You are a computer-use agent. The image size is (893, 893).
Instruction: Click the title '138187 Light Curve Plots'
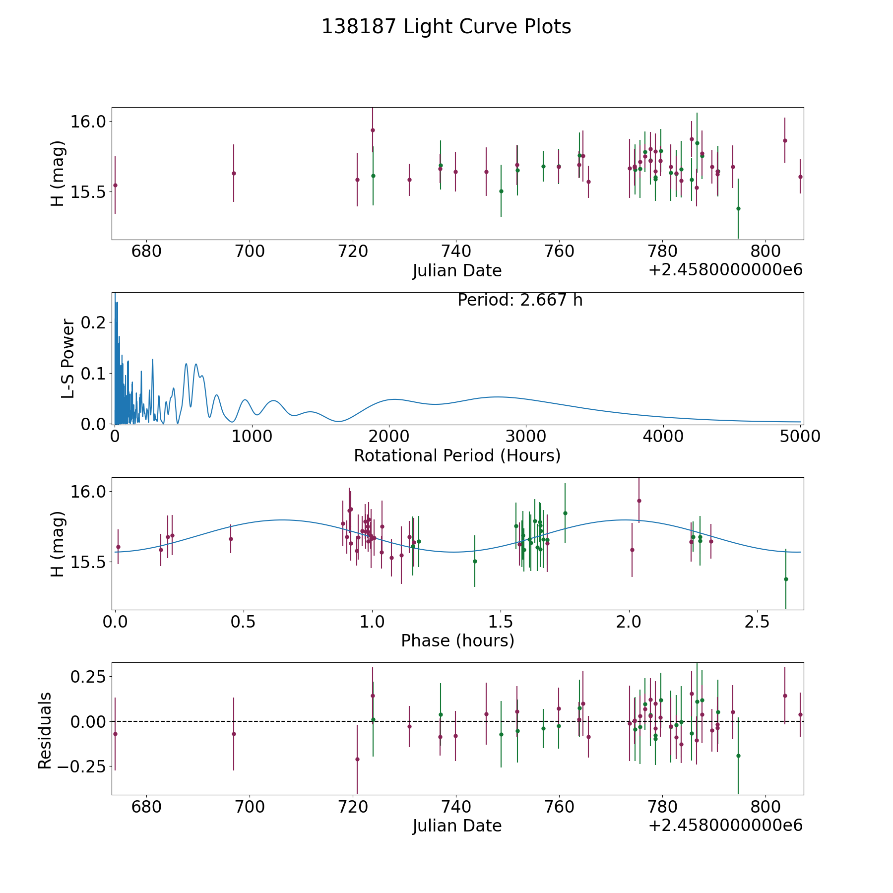[446, 27]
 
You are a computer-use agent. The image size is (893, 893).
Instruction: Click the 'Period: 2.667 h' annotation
[520, 300]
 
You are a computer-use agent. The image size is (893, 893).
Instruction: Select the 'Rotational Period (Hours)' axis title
[457, 455]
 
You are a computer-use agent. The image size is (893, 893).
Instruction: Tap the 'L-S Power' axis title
[68, 359]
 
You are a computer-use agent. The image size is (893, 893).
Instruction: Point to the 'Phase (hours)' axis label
[457, 640]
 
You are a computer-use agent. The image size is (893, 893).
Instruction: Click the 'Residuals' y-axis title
[45, 730]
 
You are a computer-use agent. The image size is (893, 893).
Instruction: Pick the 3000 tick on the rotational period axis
[526, 437]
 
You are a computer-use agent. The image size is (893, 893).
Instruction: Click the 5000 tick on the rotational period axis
[800, 437]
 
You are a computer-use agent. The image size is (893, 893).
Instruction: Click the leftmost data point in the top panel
[115, 185]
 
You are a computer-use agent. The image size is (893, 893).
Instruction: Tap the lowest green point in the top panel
[738, 208]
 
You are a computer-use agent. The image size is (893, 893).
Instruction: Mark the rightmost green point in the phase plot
[786, 579]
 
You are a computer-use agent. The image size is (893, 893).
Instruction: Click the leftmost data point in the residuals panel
[115, 734]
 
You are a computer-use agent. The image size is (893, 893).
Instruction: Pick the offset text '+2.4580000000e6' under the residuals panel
[725, 826]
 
